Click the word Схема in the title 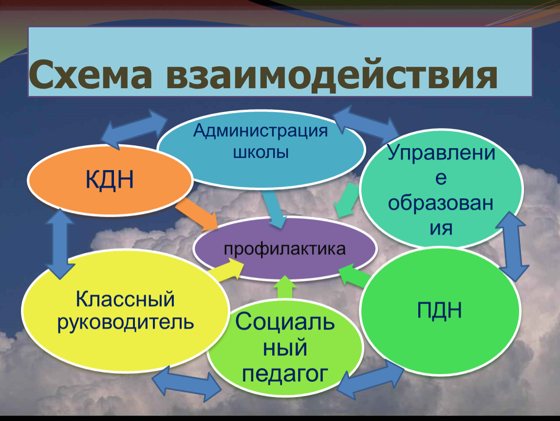91,75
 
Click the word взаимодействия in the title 332,76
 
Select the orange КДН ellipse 111,180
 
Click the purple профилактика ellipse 285,249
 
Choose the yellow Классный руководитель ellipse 125,310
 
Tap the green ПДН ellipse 440,310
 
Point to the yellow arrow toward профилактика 225,270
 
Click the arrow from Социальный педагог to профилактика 285,287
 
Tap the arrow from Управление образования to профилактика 346,200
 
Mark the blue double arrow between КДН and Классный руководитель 60,244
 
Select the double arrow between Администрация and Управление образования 366,123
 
